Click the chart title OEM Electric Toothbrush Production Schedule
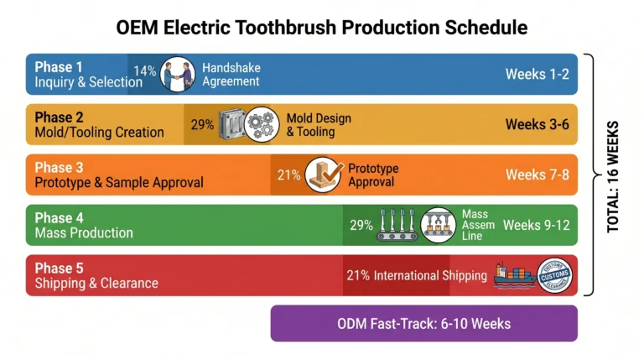[x=322, y=27]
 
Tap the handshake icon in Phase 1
[x=177, y=73]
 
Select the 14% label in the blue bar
[x=145, y=72]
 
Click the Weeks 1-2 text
[x=537, y=74]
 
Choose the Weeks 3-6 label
[x=537, y=124]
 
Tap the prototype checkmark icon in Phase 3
[x=324, y=175]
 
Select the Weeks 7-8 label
[x=537, y=175]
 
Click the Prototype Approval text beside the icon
[x=373, y=175]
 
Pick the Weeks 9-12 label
[x=536, y=225]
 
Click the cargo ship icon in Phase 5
[x=514, y=276]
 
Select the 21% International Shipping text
[x=416, y=276]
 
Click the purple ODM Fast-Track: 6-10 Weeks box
[x=423, y=323]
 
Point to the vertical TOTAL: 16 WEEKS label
[x=612, y=175]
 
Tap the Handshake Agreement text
[x=231, y=74]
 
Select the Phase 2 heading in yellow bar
[x=59, y=117]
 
